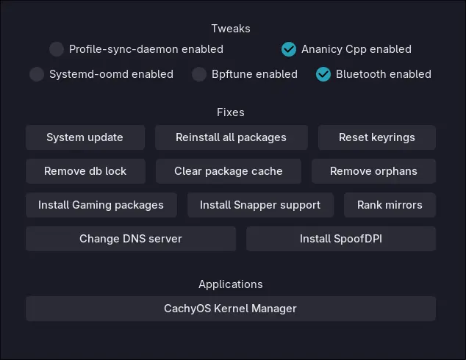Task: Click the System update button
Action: point(85,137)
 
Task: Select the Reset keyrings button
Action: point(377,137)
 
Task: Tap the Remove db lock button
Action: point(85,171)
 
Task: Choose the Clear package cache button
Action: point(229,171)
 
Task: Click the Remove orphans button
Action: point(373,171)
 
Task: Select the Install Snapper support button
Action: point(260,205)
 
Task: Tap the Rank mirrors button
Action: point(390,205)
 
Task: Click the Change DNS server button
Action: point(131,239)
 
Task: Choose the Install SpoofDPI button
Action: point(341,239)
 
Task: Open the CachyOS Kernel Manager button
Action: point(231,309)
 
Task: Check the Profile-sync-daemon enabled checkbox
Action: point(57,49)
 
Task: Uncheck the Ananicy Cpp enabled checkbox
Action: point(289,49)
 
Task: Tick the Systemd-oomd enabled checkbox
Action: point(37,74)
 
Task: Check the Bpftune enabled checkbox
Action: point(199,74)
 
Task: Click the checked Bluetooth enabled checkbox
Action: point(323,74)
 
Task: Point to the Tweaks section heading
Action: point(231,29)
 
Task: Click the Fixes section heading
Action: point(231,112)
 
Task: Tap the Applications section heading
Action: point(231,284)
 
